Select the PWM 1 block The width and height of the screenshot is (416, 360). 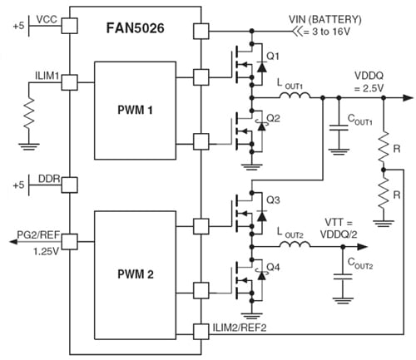coord(135,109)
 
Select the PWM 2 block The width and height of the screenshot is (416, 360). coord(135,271)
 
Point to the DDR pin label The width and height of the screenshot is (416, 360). coord(47,180)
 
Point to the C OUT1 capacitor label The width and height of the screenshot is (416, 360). coord(360,119)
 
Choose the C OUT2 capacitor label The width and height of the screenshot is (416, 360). coord(360,269)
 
